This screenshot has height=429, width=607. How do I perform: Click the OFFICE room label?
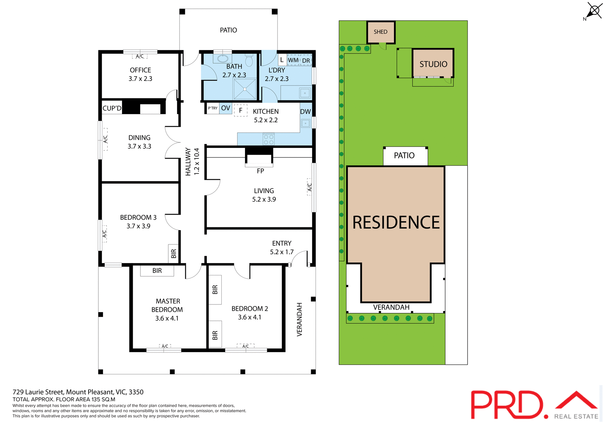tap(140, 70)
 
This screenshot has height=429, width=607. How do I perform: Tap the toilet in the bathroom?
tap(249, 60)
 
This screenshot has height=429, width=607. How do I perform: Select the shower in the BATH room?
tap(245, 89)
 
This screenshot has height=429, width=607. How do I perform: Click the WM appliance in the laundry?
tap(293, 60)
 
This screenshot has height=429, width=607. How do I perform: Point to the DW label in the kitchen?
tap(305, 112)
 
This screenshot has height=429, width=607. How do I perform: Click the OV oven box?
tap(225, 108)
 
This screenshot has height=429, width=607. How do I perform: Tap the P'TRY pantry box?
tap(212, 108)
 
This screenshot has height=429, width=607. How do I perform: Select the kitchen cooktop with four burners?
tap(269, 140)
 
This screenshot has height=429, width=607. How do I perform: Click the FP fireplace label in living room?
tap(260, 171)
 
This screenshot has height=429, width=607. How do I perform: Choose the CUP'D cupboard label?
tap(112, 108)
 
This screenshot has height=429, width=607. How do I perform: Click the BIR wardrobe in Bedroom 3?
tap(173, 254)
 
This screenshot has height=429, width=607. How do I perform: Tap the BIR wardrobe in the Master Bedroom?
tap(157, 271)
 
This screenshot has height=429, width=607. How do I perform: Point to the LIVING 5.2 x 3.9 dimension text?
tap(264, 199)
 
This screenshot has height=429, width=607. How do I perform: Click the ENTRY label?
tap(282, 243)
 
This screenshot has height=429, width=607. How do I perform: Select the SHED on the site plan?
tap(381, 32)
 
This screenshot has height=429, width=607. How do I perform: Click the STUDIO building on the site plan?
tap(433, 64)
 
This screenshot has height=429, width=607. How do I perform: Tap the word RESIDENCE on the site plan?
tap(396, 223)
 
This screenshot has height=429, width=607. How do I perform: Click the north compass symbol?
tap(593, 11)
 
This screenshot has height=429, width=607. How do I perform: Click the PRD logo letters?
tap(507, 405)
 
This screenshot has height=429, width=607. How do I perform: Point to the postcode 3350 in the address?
tap(136, 392)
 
